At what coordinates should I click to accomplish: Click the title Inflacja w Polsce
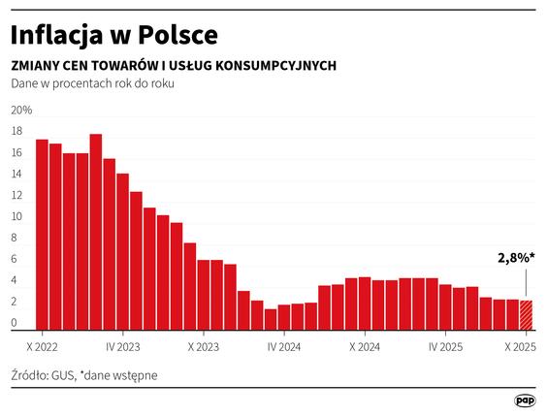113,35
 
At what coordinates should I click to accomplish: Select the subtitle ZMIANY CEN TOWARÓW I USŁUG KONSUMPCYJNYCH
174,66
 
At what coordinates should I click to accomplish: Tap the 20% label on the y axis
21,110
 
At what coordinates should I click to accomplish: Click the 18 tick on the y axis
17,131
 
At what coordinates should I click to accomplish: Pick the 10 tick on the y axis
17,216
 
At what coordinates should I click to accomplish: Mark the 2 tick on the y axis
15,302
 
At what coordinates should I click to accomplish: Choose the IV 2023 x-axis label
122,344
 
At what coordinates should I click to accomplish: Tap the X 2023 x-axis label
204,344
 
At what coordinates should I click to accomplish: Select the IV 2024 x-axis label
283,344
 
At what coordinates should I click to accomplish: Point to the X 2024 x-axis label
364,344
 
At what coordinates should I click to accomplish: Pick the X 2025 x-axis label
522,344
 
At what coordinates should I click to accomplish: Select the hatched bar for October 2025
526,315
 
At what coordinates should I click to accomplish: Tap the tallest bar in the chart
96,233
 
